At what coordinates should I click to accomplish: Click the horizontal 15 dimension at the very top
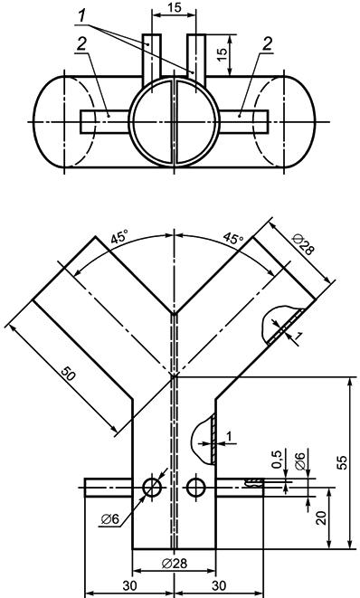175,7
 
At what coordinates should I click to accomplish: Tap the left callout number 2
81,45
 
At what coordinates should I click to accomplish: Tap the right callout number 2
268,44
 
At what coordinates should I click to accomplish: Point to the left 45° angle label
119,238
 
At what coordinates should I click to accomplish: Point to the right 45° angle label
233,238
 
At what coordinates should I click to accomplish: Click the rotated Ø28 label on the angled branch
304,244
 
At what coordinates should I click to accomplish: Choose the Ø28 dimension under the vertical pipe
175,563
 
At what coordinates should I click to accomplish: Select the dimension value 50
69,375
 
